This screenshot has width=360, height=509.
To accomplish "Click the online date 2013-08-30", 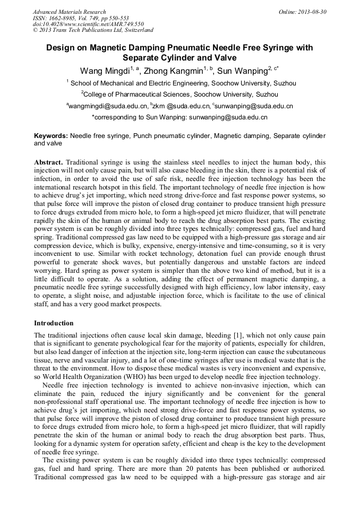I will coord(310,12).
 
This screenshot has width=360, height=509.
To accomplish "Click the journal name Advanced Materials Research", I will coord(69,12).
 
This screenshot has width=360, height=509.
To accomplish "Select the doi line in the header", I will coord(88,24).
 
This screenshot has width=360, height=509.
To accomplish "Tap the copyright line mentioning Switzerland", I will coord(93,31).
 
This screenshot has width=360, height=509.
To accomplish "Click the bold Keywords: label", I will coord(51,136).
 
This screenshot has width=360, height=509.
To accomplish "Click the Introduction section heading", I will coord(54,323).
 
